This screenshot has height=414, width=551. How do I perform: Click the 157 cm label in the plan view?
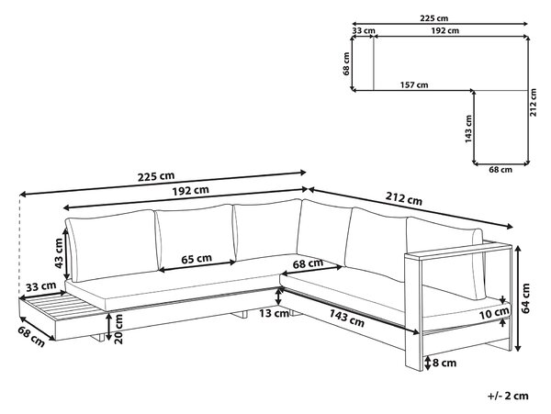click(x=414, y=85)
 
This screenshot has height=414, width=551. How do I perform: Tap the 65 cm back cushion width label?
click(x=197, y=259)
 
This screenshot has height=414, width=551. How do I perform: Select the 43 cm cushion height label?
click(x=59, y=252)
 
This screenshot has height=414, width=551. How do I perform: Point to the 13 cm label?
click(x=274, y=313)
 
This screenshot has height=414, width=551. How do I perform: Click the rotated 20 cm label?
click(x=118, y=329)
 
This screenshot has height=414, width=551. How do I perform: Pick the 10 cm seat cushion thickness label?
click(x=494, y=313)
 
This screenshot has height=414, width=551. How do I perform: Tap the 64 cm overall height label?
click(x=525, y=298)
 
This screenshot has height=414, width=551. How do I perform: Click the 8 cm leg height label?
click(x=444, y=363)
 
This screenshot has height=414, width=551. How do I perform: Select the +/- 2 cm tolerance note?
click(x=508, y=396)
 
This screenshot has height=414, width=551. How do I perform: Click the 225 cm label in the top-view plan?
click(x=434, y=18)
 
